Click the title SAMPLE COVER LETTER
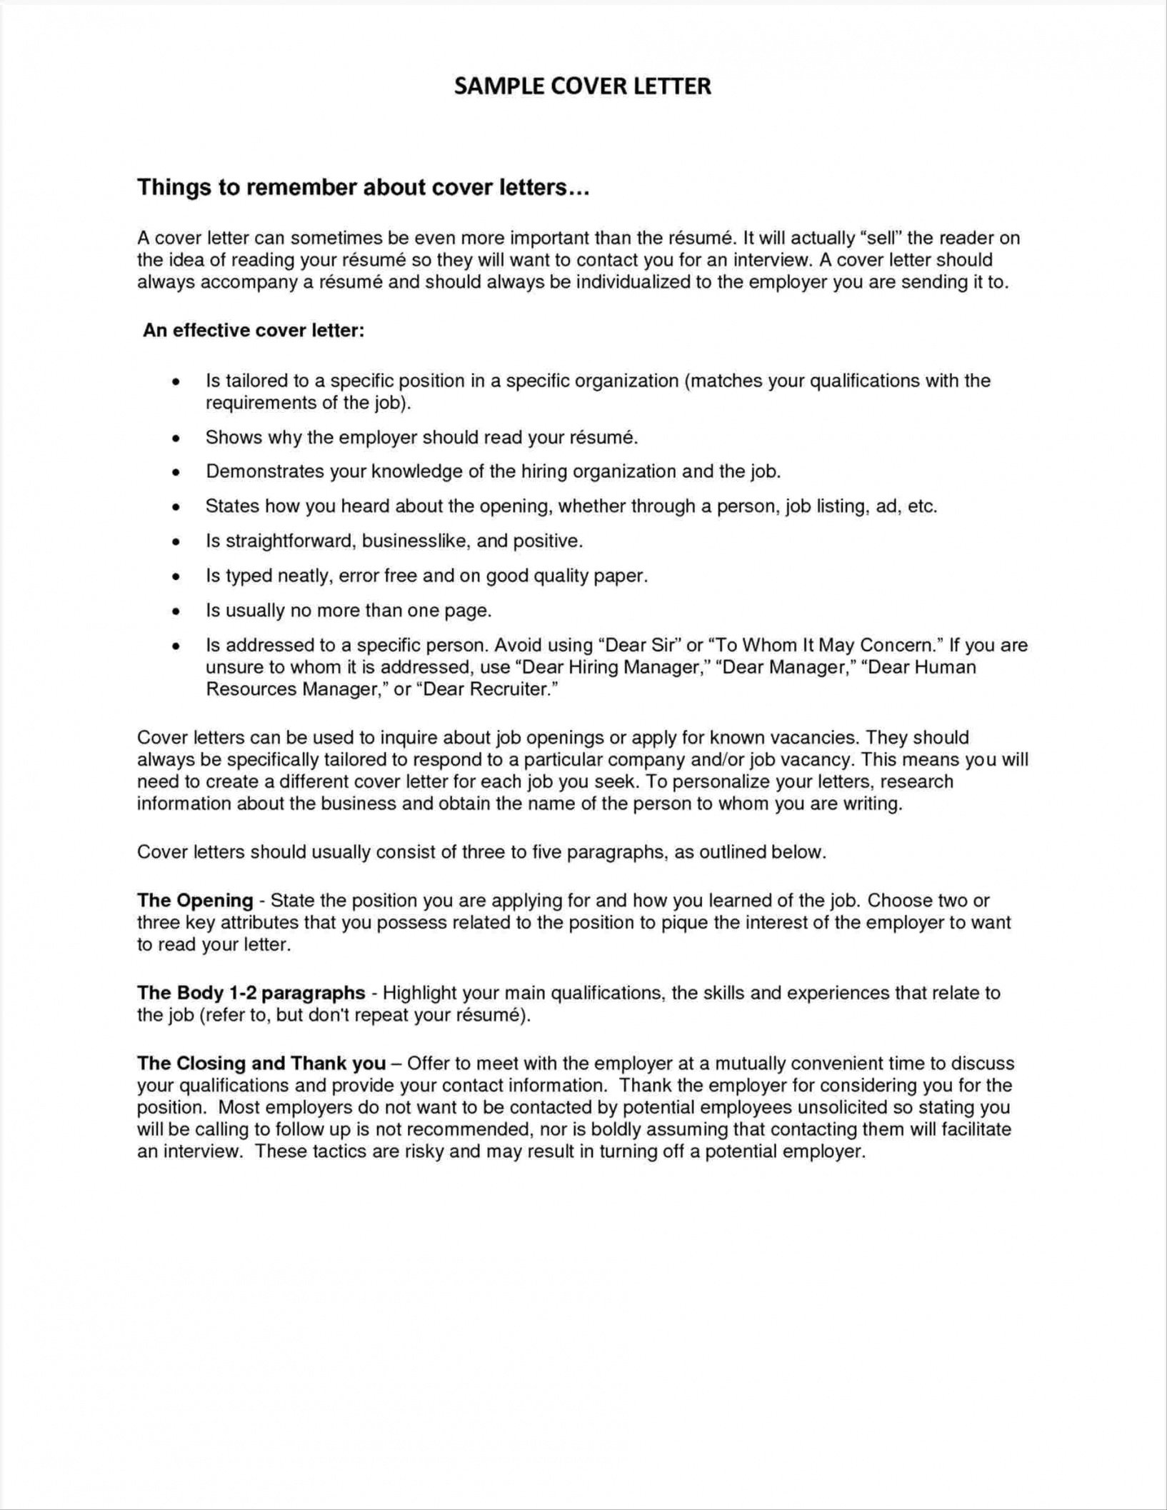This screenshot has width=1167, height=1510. [582, 86]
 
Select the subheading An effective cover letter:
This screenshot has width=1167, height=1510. [254, 331]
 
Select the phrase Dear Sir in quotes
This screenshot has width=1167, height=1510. [639, 646]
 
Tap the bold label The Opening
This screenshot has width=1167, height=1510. [195, 900]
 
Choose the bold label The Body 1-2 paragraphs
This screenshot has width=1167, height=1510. [251, 993]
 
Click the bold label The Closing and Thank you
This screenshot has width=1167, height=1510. [261, 1064]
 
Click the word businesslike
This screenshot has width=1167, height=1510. [415, 541]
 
